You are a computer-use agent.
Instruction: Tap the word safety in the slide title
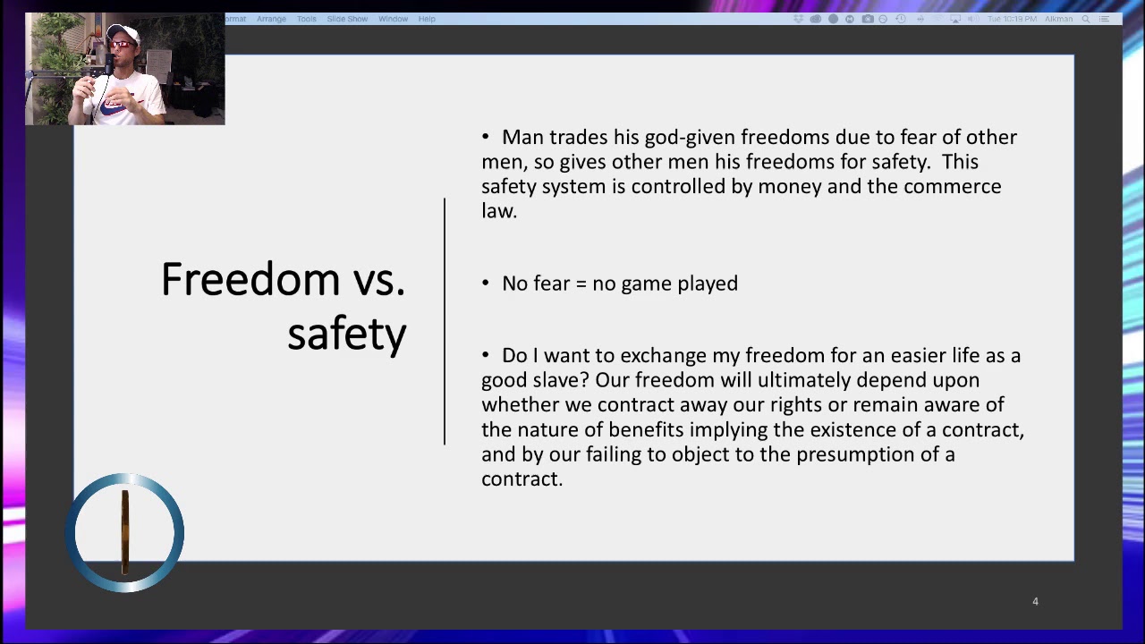347,334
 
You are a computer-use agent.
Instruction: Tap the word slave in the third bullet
564,380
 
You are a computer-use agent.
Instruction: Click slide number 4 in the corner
1035,602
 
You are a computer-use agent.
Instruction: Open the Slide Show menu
347,19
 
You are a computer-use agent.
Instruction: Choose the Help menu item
427,19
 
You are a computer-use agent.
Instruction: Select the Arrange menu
271,19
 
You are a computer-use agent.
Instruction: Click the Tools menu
306,19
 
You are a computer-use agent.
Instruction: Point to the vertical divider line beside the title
445,322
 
